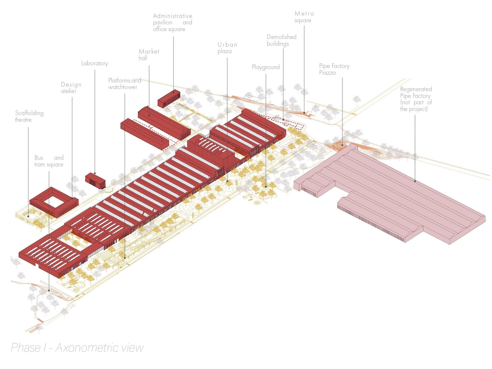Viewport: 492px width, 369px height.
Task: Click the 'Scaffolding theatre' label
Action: coord(29,116)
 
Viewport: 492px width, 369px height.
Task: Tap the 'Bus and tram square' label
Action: coord(49,161)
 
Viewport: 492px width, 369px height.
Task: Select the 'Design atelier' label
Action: coord(71,88)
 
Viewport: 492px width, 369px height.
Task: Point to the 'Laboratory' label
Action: coord(95,63)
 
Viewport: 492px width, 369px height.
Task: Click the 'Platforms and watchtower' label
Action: coord(125,84)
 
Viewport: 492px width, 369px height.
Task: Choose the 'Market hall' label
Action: coord(149,55)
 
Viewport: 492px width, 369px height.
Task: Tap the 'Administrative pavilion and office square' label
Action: coord(172,23)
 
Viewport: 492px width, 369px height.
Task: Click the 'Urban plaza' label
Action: coord(227,48)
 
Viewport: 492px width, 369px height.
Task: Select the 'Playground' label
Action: coord(265,67)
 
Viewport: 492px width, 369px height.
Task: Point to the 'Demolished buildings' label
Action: coord(281,40)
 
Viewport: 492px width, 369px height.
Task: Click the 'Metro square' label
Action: coord(304,17)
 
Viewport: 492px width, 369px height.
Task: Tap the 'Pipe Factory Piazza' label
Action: coord(334,69)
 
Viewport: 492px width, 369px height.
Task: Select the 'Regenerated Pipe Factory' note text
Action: coord(416,99)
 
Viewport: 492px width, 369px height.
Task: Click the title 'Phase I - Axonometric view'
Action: coord(77,348)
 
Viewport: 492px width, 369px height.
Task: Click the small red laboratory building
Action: coord(95,180)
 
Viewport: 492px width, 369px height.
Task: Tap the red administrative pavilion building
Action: coord(169,99)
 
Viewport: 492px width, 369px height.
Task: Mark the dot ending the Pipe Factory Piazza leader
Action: coord(342,145)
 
